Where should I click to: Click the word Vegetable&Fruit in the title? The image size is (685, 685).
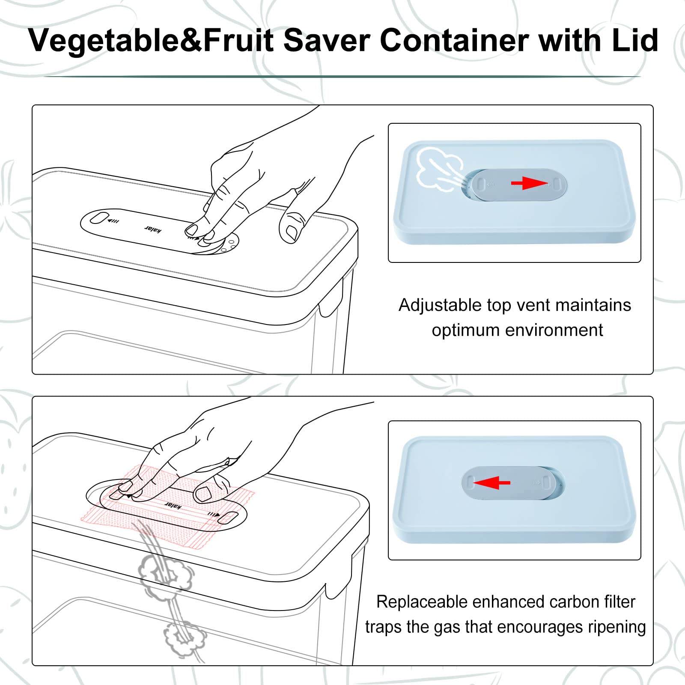pyautogui.click(x=151, y=40)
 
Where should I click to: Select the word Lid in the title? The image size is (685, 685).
pyautogui.click(x=635, y=40)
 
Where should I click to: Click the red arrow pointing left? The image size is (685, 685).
pyautogui.click(x=491, y=482)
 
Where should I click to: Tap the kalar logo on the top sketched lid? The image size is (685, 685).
pyautogui.click(x=153, y=229)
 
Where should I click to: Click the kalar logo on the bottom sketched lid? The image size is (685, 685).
pyautogui.click(x=173, y=505)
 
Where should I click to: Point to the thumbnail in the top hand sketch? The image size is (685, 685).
pyautogui.click(x=292, y=232)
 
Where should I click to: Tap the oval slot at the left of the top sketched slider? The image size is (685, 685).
pyautogui.click(x=99, y=218)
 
